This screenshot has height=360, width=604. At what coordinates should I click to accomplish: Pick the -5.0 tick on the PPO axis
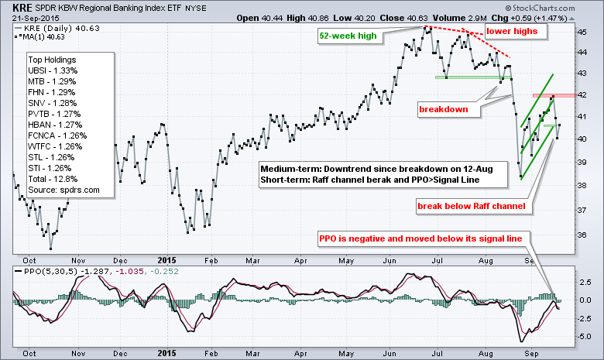click(x=588, y=336)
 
